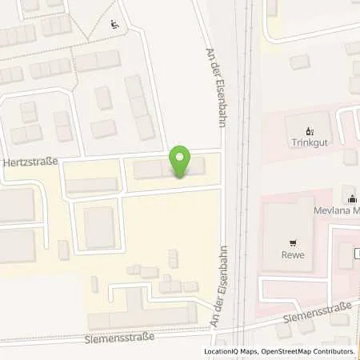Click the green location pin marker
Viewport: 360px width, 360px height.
tap(181, 162)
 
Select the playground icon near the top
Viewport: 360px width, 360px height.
tap(115, 24)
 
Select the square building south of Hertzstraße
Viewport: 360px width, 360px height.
tap(100, 227)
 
